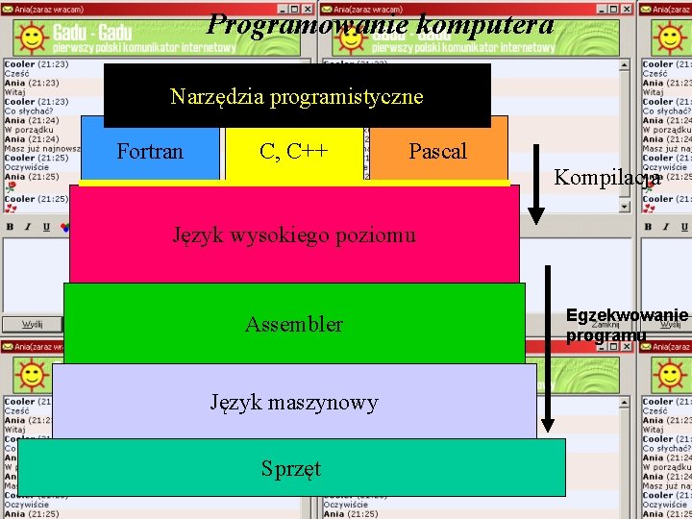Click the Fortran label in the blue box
150,152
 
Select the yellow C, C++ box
294,152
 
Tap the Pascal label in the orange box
437,152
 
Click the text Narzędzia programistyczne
296,97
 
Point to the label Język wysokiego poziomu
294,235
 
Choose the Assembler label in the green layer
294,325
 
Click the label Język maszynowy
294,403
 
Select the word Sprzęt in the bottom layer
291,469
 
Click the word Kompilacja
606,178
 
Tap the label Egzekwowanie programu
627,325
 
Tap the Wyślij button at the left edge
32,325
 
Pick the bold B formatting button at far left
10,228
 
